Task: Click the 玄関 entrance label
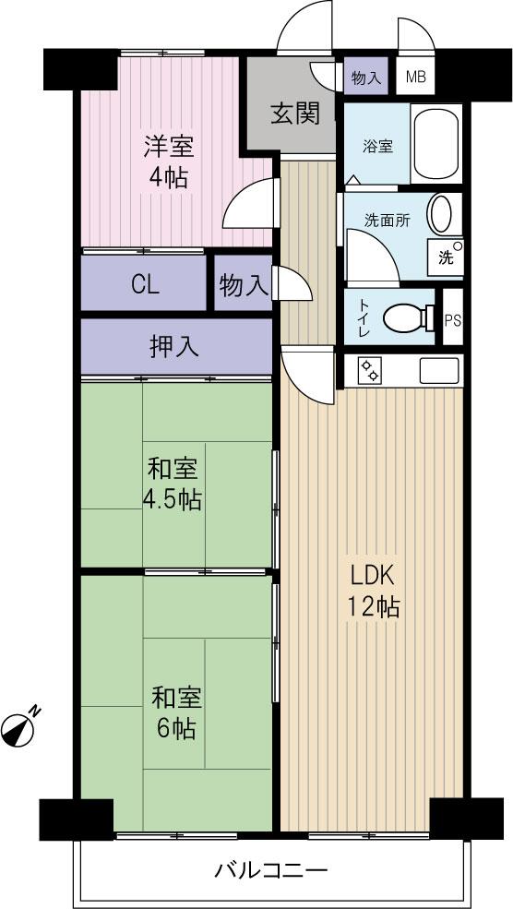[x=294, y=114]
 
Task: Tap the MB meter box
[x=415, y=78]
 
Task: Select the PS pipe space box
[x=452, y=319]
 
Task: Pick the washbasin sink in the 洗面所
[x=442, y=214]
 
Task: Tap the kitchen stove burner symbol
[x=370, y=371]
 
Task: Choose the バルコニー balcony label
[x=271, y=870]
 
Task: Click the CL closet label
[x=144, y=284]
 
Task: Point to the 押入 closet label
[x=174, y=346]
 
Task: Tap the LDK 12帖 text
[x=373, y=591]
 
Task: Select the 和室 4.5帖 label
[x=171, y=484]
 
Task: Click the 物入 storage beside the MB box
[x=366, y=78]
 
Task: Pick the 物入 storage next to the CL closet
[x=243, y=286]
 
